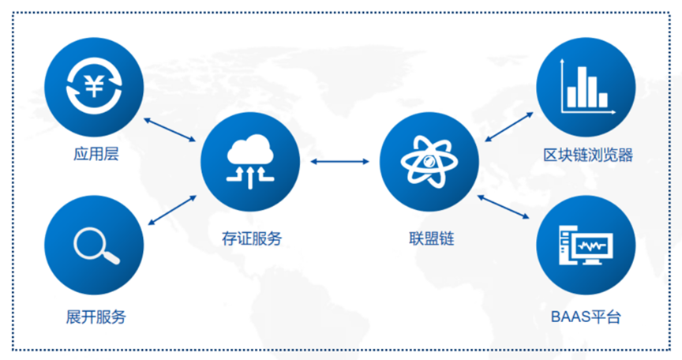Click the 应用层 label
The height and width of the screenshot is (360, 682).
tap(96, 154)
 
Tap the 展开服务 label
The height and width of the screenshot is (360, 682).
tap(96, 317)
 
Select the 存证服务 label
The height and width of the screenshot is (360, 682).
tap(252, 238)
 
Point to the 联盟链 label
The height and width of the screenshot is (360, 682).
tap(432, 238)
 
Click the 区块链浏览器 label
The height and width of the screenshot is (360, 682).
tap(587, 155)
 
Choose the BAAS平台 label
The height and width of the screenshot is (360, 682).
tap(586, 317)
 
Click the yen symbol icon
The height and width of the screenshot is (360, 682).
tap(94, 86)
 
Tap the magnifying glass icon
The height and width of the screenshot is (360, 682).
tap(96, 246)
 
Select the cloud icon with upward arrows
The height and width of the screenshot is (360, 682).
tap(250, 161)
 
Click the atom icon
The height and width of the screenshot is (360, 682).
tap(429, 161)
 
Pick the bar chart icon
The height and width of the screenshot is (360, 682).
tap(588, 86)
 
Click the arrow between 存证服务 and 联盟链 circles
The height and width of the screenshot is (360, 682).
tap(339, 162)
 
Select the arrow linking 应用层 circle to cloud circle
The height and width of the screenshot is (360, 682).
tap(170, 129)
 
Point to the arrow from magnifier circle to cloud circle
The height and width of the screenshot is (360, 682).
tap(172, 211)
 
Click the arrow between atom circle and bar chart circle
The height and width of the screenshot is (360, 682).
tap(509, 127)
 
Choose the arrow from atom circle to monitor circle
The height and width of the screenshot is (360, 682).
tap(504, 207)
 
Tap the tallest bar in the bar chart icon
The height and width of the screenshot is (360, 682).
tap(582, 87)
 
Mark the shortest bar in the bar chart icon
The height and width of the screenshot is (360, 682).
tap(603, 100)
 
